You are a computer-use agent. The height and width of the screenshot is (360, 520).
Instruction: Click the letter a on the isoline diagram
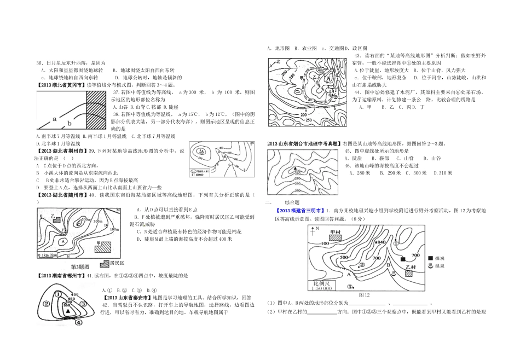[x=55, y=118]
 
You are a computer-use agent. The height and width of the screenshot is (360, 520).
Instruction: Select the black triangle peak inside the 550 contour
[x=68, y=311]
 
